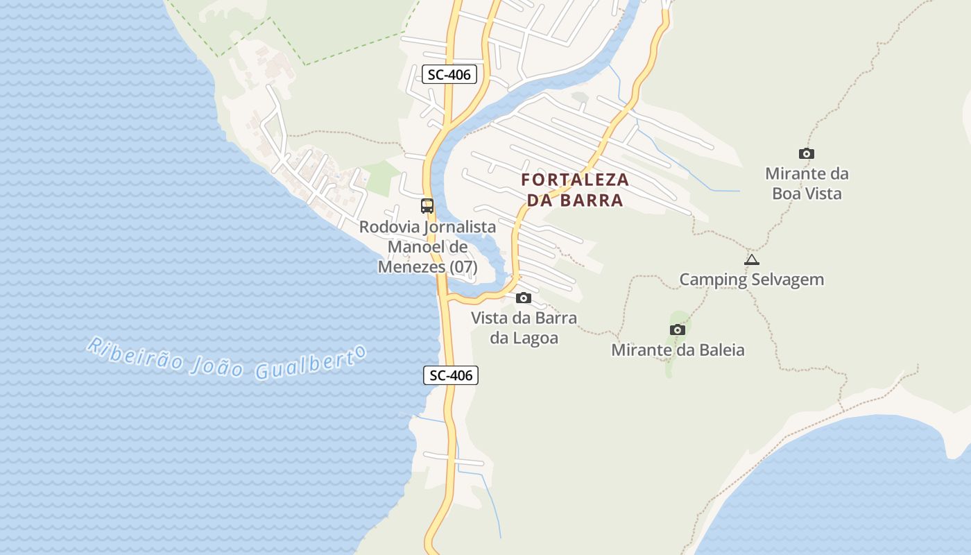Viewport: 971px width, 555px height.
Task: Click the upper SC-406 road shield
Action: point(449,74)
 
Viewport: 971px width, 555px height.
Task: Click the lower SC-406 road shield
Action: point(451,375)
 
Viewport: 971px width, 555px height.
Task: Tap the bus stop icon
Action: point(427,206)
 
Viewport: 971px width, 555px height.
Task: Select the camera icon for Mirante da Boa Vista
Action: point(806,154)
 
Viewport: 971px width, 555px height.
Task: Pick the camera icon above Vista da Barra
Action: point(524,298)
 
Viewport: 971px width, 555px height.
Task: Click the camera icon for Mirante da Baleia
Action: point(678,330)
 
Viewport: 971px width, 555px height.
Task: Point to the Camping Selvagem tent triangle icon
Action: point(751,260)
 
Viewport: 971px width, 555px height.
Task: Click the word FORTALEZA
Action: point(575,180)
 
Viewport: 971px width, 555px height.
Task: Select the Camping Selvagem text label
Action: point(751,280)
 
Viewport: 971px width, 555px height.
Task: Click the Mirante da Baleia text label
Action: point(678,350)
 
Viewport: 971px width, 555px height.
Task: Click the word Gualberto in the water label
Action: point(311,363)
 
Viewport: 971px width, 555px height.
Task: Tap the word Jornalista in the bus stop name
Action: point(459,227)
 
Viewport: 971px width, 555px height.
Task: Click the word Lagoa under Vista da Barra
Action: point(535,339)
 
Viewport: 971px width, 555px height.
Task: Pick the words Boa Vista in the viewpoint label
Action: point(807,194)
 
